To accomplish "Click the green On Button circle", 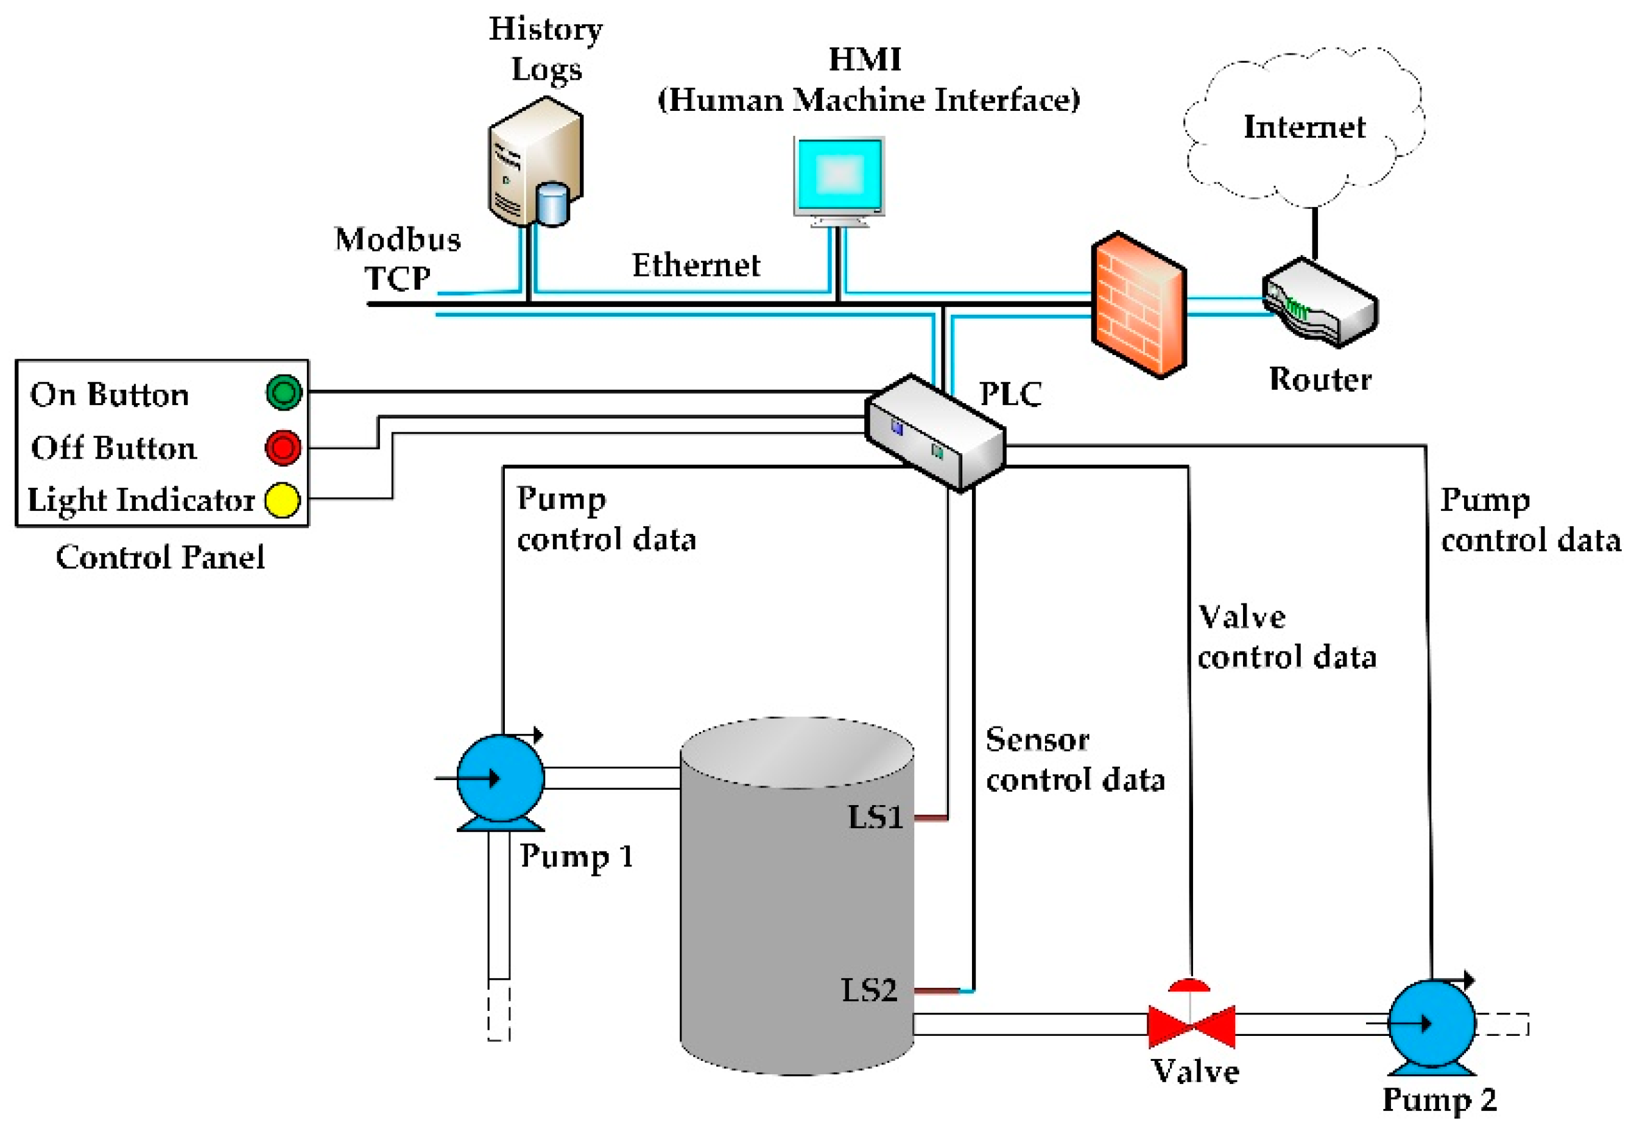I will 284,392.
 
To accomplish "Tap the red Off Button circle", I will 283,448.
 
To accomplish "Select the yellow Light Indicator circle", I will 283,500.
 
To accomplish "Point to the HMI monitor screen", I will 840,175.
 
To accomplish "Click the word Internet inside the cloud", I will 1304,127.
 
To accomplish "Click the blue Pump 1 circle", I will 500,778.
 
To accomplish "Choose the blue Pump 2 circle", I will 1432,1023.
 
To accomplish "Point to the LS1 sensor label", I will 875,817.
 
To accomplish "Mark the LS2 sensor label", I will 869,990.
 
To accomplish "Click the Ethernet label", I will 696,266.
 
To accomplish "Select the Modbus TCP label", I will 398,259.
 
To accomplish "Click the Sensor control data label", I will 1075,760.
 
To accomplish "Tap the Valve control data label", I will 1287,637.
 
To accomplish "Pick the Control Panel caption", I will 160,557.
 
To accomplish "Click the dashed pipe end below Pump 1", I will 499,1010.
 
